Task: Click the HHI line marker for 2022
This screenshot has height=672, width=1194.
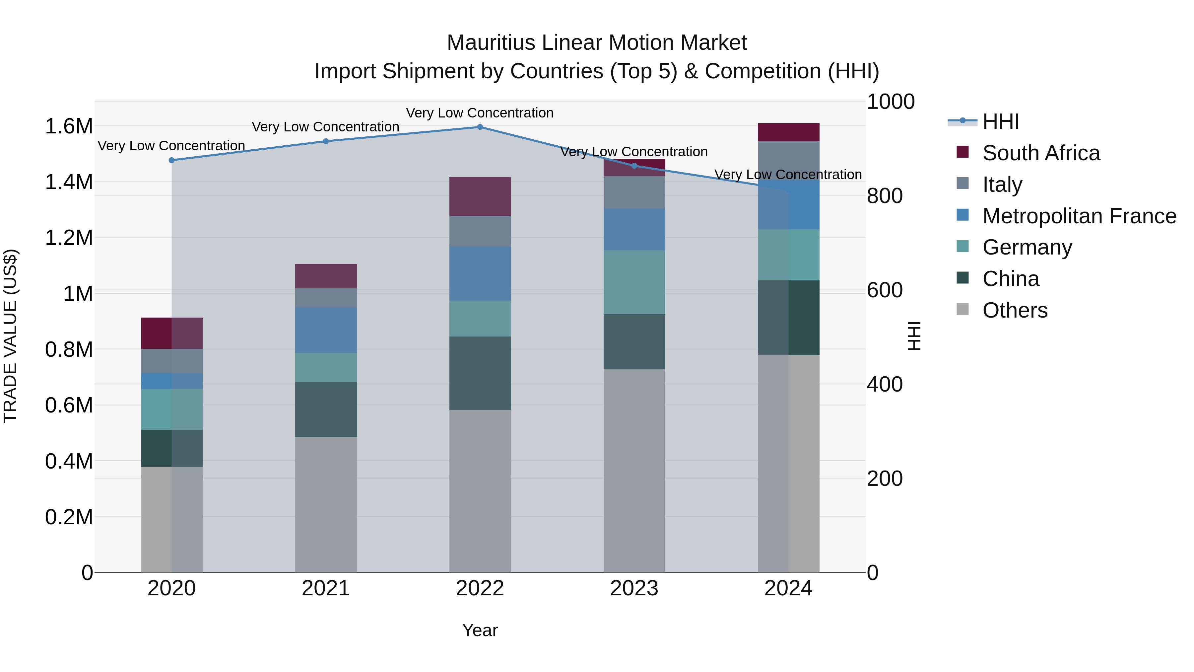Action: [480, 127]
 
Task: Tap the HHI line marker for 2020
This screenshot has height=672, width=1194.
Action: [171, 160]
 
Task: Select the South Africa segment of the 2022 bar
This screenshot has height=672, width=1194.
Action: [480, 196]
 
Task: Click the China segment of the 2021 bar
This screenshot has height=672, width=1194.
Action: [326, 409]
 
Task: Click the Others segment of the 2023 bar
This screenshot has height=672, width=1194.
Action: [634, 470]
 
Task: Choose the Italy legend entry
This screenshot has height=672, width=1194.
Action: [1002, 185]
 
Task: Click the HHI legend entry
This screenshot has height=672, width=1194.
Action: [1000, 121]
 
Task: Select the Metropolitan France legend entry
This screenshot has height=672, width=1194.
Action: [1079, 216]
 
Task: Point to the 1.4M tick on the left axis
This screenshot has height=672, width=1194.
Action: [69, 182]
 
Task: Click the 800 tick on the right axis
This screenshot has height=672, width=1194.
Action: [884, 196]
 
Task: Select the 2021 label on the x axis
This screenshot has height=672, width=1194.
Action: [326, 588]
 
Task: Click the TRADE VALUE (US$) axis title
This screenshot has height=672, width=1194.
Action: [11, 336]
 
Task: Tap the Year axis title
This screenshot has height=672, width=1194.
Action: [480, 630]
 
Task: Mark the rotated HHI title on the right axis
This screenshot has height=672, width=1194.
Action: [914, 336]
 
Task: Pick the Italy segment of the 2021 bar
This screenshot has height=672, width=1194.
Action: [326, 297]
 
